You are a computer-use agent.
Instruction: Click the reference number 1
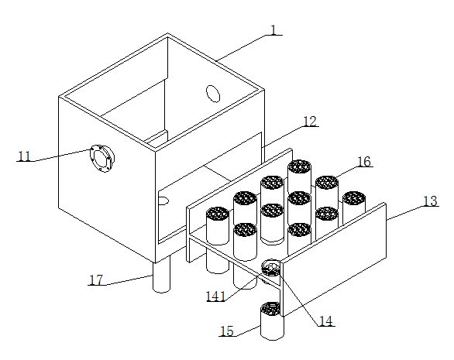point(274,30)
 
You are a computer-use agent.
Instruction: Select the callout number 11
point(24,156)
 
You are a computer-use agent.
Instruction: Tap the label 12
point(310,122)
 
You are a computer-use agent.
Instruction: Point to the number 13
point(430,201)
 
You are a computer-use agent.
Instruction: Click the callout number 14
point(326,321)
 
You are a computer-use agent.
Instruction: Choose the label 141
point(215,297)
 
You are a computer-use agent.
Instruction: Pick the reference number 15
point(227,331)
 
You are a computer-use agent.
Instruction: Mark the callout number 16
point(364,162)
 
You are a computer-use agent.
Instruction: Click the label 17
point(96,279)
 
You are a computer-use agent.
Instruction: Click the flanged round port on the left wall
point(101,158)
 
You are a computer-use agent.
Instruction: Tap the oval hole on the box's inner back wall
point(213,94)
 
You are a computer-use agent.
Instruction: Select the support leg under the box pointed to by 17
point(162,274)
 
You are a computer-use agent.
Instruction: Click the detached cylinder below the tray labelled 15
point(272,321)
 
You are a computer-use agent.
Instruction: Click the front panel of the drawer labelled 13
point(335,259)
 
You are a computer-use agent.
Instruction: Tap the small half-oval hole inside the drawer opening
point(163,201)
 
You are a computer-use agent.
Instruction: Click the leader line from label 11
point(63,155)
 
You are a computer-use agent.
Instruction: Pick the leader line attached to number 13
point(404,213)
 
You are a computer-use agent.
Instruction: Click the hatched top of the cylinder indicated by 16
point(327,182)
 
